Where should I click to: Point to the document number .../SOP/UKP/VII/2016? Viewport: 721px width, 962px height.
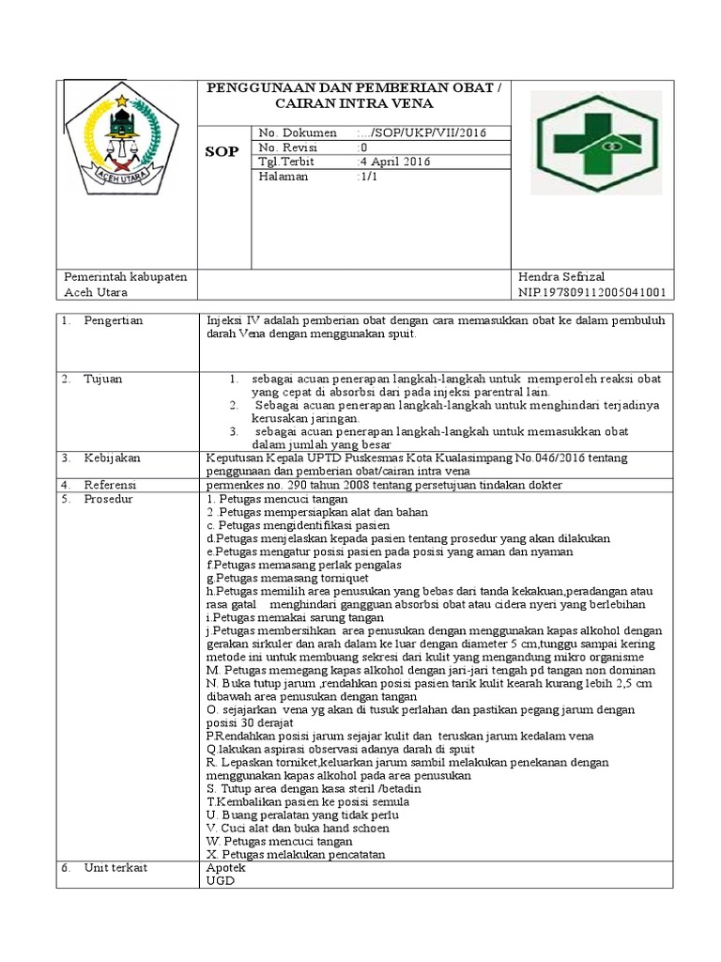pyautogui.click(x=421, y=132)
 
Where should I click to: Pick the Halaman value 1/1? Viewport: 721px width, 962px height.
pyautogui.click(x=366, y=177)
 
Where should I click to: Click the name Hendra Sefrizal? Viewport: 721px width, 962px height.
pyautogui.click(x=561, y=277)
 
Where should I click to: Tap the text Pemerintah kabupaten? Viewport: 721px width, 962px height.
pyautogui.click(x=126, y=277)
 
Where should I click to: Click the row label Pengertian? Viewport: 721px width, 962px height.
pyautogui.click(x=114, y=321)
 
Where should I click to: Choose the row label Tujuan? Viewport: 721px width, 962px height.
pyautogui.click(x=103, y=379)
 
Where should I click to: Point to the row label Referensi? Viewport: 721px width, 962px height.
pyautogui.click(x=111, y=485)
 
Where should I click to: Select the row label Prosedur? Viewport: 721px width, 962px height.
pyautogui.click(x=109, y=499)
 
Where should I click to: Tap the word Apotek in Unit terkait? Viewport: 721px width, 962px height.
pyautogui.click(x=223, y=868)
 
